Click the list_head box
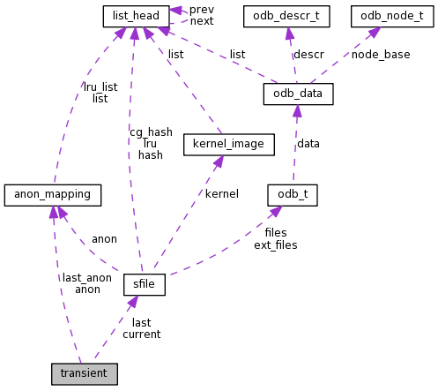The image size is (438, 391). [x=136, y=16]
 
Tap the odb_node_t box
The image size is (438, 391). [x=385, y=16]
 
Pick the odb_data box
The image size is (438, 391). [x=298, y=94]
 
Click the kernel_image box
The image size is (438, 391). [x=223, y=143]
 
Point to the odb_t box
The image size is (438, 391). [x=292, y=193]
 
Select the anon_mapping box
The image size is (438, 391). [x=53, y=193]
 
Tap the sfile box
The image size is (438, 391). [x=145, y=285]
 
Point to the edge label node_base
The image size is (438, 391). [x=381, y=55]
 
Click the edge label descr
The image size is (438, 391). [x=308, y=55]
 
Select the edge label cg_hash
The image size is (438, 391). [x=151, y=132]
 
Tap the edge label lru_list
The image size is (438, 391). [x=100, y=87]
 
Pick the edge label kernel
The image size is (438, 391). [x=221, y=193]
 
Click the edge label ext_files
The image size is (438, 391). [x=275, y=244]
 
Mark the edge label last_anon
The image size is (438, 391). [x=87, y=277]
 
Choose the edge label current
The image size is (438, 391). [x=141, y=335]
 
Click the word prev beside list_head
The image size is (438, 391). [x=202, y=9]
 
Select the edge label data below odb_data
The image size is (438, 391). [x=308, y=143]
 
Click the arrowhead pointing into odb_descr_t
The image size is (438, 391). [x=288, y=33]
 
